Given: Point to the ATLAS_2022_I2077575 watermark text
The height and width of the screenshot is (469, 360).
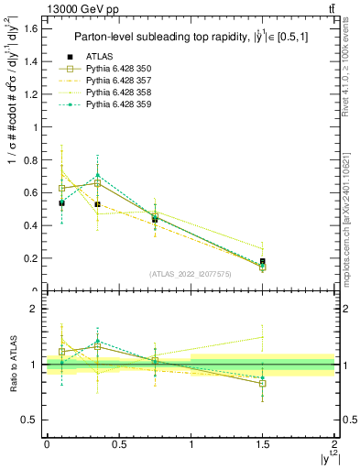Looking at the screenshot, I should [x=190, y=274].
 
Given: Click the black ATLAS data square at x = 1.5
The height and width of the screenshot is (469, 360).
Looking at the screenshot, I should [x=263, y=261].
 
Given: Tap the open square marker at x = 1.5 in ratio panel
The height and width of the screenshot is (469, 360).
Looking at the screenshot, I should [x=263, y=384].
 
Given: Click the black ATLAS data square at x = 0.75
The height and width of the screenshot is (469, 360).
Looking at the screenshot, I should [x=155, y=220].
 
